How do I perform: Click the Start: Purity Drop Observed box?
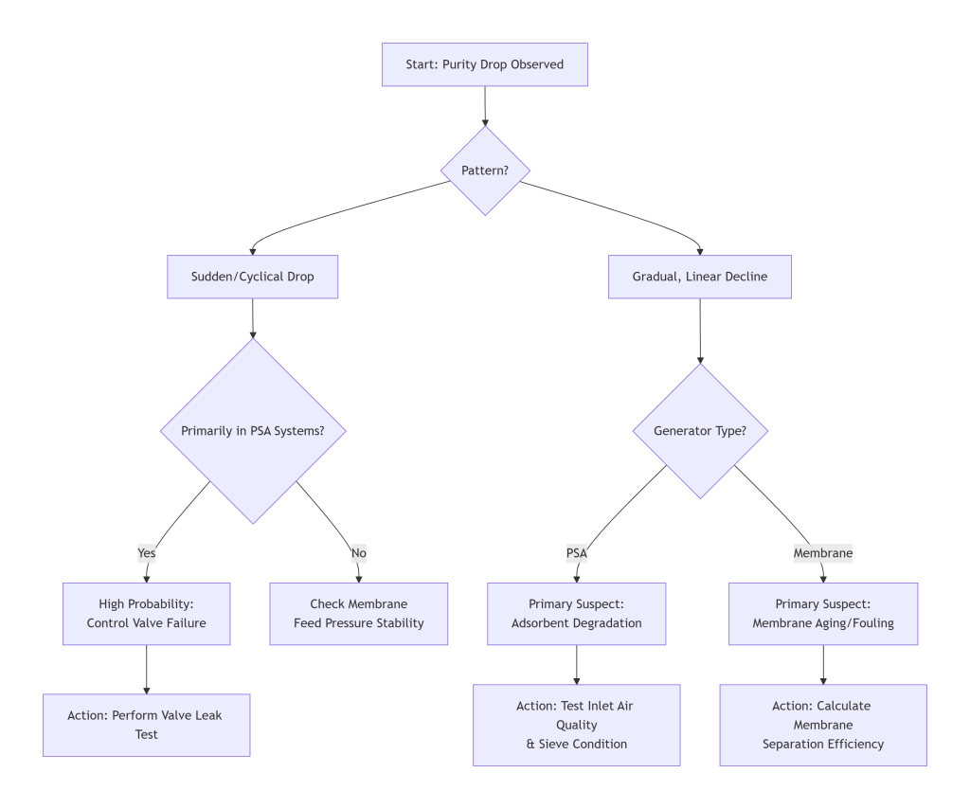[484, 64]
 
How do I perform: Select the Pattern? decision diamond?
[485, 171]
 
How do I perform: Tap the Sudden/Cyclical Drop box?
[252, 277]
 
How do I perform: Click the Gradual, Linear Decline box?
[699, 277]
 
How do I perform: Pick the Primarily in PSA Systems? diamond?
[253, 430]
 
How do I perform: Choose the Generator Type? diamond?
[700, 430]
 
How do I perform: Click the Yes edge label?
[146, 552]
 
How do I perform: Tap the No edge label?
[359, 552]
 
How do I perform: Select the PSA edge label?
[576, 552]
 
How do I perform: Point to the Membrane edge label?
[822, 552]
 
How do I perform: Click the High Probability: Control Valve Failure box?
[146, 613]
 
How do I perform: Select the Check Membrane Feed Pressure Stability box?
[358, 613]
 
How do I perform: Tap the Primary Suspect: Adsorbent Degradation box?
[576, 613]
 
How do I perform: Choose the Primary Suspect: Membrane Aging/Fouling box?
[822, 613]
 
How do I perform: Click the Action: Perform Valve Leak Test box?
[146, 725]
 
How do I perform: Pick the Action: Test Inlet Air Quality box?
[576, 725]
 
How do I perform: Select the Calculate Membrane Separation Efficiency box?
[822, 725]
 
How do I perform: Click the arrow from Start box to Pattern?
[485, 106]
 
